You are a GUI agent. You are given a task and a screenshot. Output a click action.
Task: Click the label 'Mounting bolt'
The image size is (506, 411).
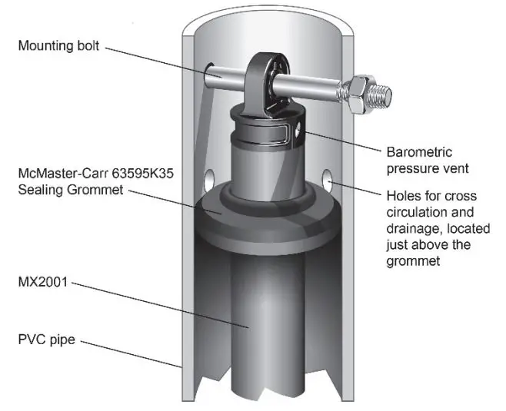point(60,45)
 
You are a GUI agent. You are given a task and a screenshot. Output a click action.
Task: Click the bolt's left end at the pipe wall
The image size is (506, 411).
point(212,75)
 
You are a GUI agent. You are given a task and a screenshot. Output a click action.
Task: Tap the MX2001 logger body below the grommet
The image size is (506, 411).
point(250,323)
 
